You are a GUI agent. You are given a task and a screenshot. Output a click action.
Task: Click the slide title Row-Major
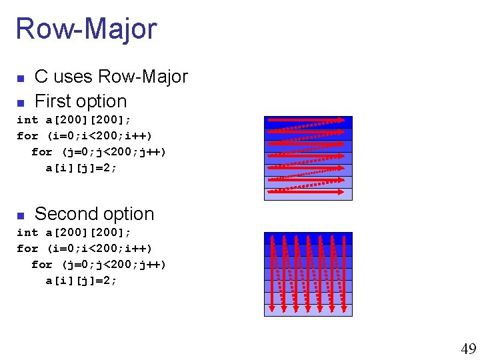86,29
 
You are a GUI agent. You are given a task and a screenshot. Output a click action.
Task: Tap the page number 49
468,349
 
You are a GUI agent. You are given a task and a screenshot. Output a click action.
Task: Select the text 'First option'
80,101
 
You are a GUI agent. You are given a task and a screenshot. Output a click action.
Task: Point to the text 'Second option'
94,214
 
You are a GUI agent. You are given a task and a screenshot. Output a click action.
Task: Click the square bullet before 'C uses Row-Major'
20,79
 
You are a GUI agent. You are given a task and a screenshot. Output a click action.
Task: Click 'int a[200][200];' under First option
73,120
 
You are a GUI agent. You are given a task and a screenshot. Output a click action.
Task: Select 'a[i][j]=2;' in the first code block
81,168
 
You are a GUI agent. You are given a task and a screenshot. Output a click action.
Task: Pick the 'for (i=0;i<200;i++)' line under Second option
89,249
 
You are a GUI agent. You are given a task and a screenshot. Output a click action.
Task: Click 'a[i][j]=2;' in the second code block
81,281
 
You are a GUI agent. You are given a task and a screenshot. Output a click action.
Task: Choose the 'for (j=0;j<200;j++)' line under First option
99,152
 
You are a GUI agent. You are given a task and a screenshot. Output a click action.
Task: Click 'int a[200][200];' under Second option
73,233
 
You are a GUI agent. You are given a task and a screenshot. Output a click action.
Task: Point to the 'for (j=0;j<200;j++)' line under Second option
99,265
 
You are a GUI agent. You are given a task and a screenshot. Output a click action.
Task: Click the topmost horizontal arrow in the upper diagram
308,121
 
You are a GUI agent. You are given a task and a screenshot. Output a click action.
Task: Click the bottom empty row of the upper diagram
308,195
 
